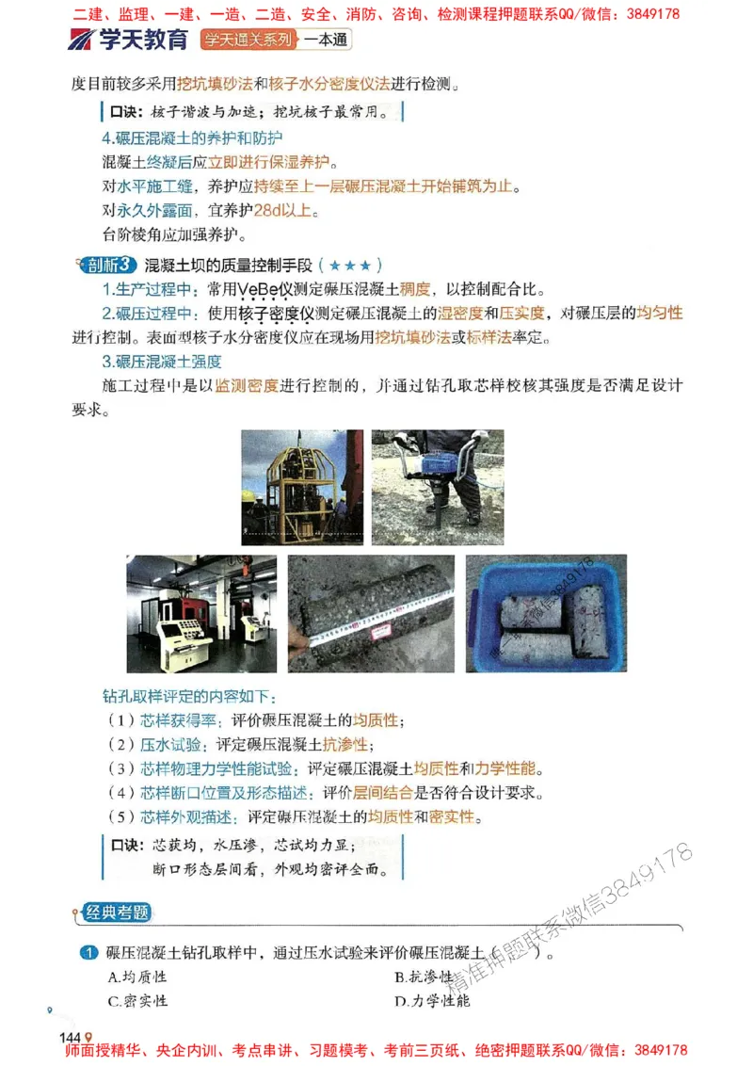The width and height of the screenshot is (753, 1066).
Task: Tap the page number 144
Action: tap(72, 1037)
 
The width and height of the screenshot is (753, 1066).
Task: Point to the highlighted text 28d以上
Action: tap(282, 210)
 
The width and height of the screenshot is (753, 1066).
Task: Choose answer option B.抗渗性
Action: tap(425, 977)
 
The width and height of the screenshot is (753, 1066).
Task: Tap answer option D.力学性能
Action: tap(432, 1001)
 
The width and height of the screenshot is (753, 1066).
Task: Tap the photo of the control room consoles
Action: tap(201, 613)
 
